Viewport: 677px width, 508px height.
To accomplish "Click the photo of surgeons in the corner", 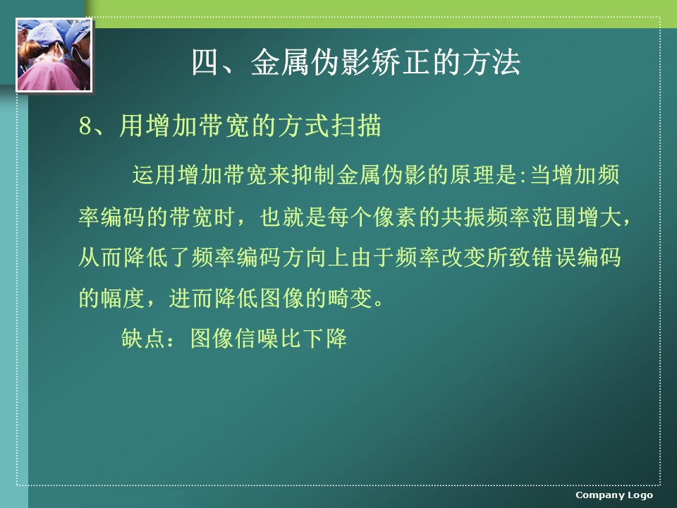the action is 54,55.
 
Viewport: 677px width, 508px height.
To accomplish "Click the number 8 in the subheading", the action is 85,126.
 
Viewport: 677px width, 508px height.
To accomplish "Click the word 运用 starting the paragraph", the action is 154,175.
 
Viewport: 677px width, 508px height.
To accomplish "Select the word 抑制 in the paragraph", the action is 313,175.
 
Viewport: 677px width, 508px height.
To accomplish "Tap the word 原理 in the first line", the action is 472,175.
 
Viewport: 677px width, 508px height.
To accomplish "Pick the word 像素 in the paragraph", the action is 395,217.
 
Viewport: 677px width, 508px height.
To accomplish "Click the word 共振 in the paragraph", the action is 463,217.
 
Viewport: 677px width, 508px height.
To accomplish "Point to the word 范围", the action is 553,217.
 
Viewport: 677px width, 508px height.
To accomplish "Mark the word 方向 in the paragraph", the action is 304,258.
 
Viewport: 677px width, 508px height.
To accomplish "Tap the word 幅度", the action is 123,298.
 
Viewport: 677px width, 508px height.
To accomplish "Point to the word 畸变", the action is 349,298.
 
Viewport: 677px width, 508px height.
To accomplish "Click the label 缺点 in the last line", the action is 143,338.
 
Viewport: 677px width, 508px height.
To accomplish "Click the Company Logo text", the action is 614,495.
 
